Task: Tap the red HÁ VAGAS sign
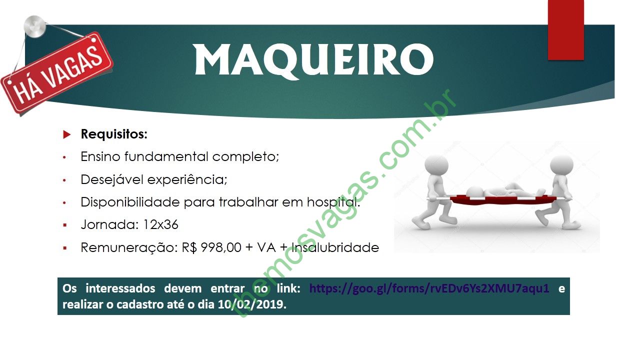(57, 73)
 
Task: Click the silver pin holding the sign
(35, 26)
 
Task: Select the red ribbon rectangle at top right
(565, 29)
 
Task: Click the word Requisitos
(114, 134)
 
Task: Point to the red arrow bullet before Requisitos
(66, 134)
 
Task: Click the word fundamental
(166, 156)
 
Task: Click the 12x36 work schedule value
(160, 224)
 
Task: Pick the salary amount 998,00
(221, 247)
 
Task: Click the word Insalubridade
(335, 247)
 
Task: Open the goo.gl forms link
(429, 288)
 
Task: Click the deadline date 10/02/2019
(251, 304)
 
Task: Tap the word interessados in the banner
(120, 288)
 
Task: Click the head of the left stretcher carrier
(436, 165)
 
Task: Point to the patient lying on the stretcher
(505, 191)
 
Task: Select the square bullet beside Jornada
(65, 225)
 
